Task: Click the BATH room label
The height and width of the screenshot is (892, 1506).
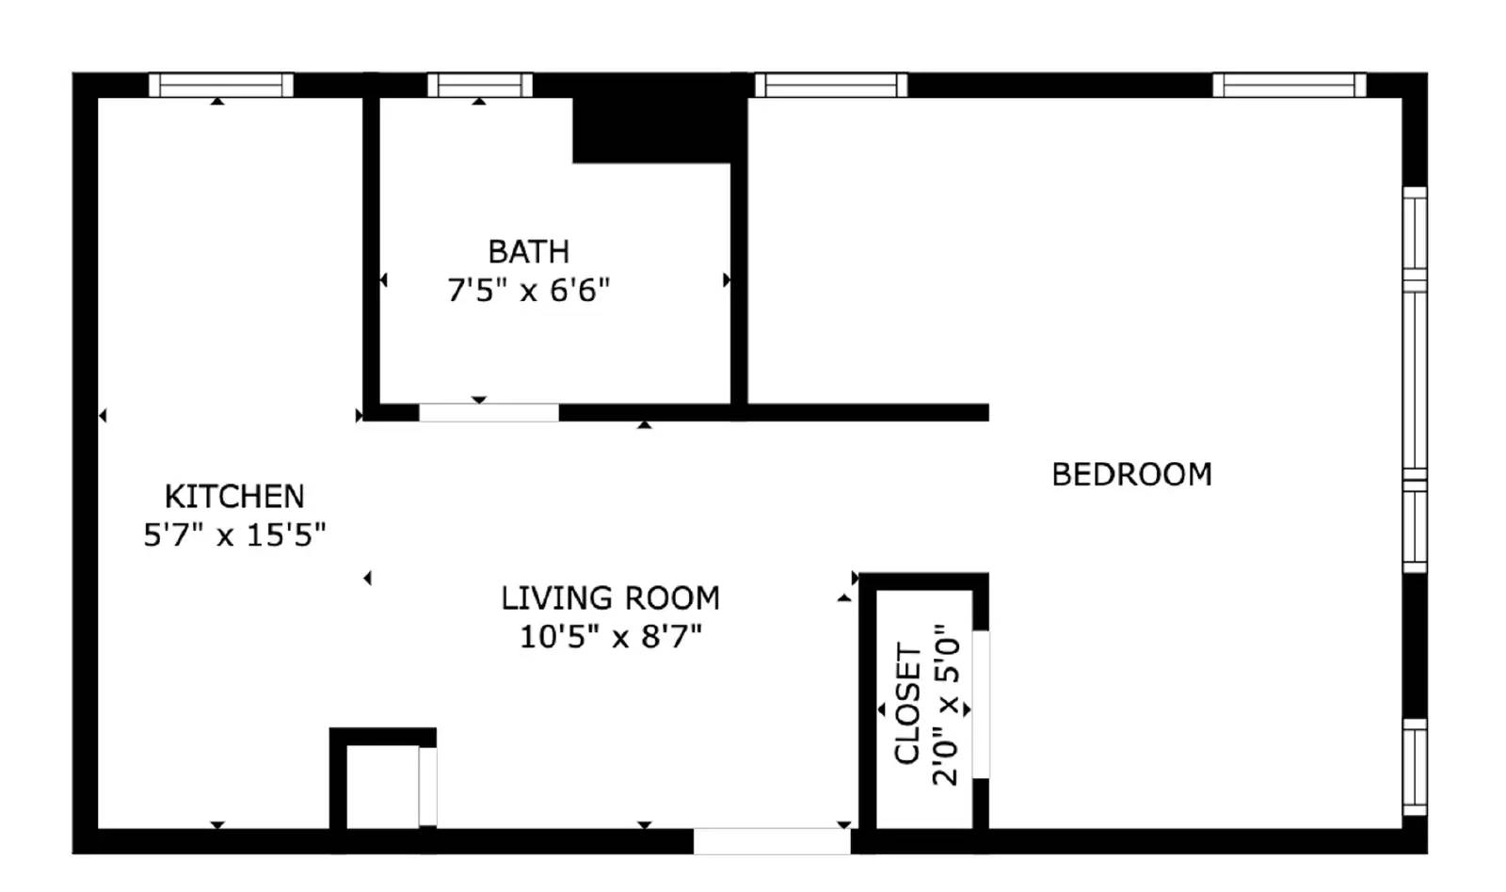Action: [528, 252]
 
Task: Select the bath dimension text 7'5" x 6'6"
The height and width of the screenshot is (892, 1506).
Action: [528, 290]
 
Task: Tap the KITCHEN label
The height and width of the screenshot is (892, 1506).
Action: [234, 496]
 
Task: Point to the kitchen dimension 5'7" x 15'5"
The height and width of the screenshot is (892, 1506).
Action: [234, 534]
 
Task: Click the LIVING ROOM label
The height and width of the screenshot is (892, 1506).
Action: [610, 597]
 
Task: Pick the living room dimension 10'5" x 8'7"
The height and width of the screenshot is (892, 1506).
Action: [610, 636]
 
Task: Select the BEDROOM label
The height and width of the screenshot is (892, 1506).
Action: [1131, 474]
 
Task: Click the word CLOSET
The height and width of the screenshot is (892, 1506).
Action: [907, 704]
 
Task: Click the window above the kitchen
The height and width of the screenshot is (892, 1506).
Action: [221, 86]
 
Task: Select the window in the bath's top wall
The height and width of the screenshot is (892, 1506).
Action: [480, 86]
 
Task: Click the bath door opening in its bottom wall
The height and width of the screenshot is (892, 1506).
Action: [489, 412]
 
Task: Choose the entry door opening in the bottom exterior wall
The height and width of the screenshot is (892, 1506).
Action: [772, 840]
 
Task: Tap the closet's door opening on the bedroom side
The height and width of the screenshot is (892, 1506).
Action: [981, 704]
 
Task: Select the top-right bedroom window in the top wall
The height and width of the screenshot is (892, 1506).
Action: [1289, 86]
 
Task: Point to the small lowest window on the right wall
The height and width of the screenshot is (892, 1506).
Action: [1415, 766]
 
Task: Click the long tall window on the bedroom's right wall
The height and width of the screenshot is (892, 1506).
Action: [1415, 380]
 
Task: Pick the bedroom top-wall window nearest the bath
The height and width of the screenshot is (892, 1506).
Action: [830, 86]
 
